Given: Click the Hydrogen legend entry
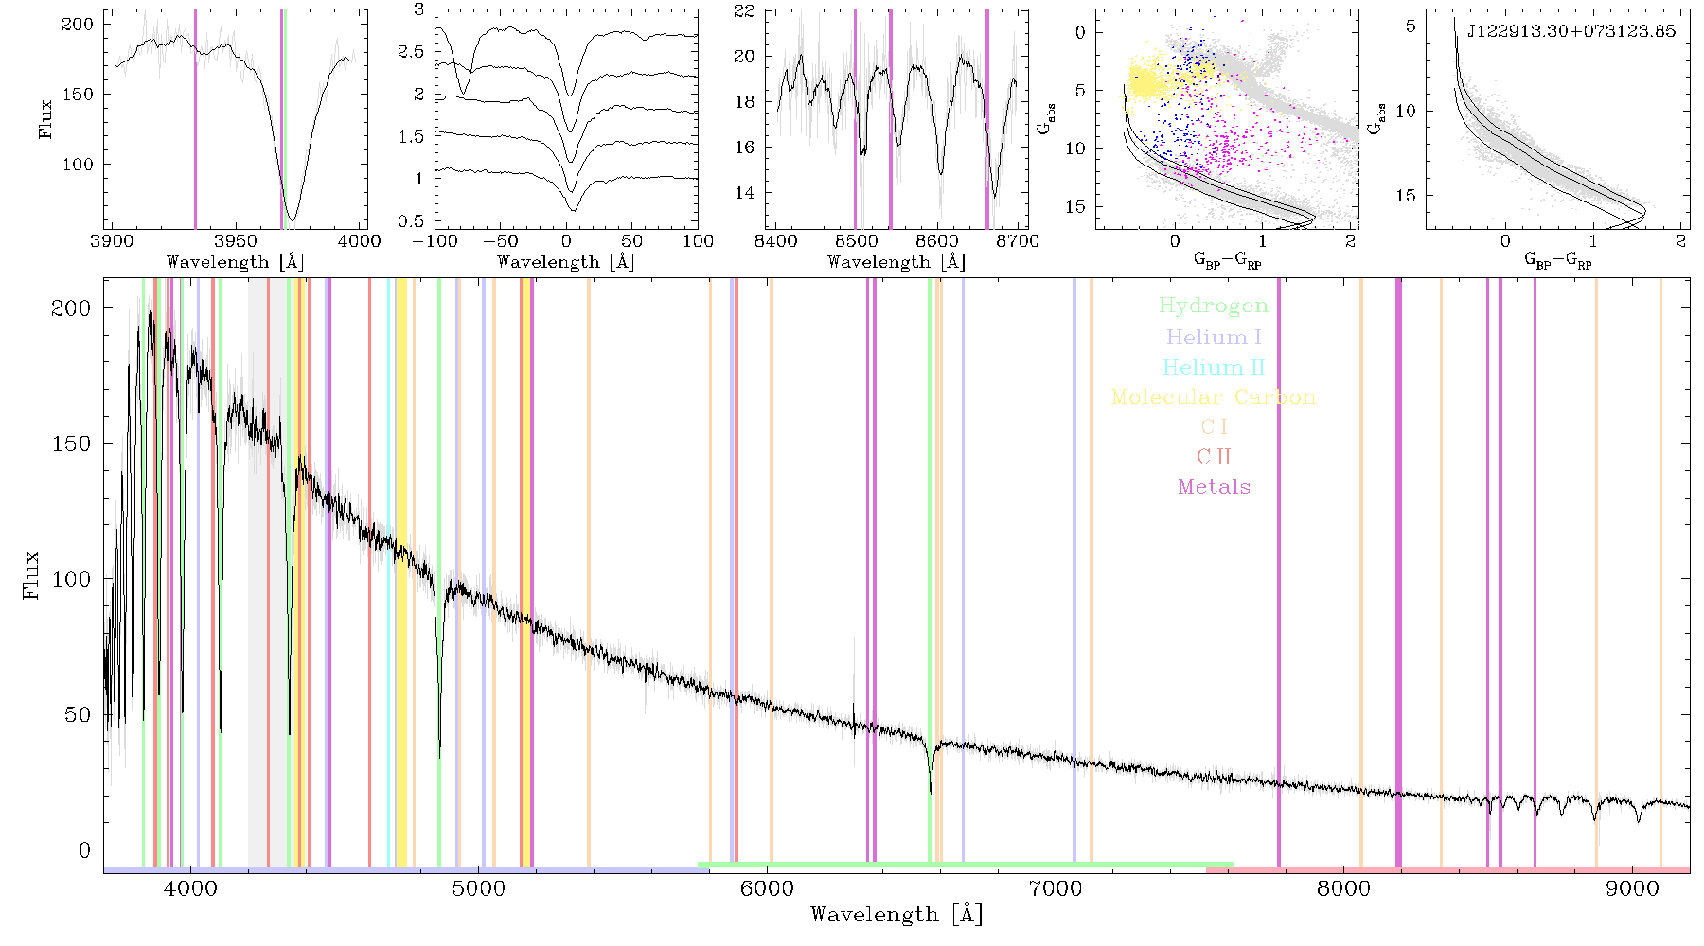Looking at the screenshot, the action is tap(1214, 307).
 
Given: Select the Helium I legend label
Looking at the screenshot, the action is tap(1214, 337).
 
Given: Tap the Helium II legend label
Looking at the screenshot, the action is tap(1214, 367).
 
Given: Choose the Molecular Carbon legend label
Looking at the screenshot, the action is tap(1214, 397).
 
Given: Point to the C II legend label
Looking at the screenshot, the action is tap(1214, 457).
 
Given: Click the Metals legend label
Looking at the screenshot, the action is tap(1214, 487).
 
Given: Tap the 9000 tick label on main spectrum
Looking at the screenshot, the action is tap(1632, 889).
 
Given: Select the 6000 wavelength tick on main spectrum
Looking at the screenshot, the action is tap(767, 889).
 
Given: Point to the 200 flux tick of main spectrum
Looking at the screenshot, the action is tap(71, 307).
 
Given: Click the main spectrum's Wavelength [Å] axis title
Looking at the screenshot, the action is tap(896, 915).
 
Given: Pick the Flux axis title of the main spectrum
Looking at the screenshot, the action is tap(31, 574).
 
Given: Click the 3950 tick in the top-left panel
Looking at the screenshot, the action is tap(236, 241).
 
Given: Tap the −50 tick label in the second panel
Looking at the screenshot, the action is tap(499, 241).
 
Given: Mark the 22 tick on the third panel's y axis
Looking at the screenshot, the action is tap(745, 11).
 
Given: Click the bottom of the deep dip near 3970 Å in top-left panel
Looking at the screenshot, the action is tap(293, 219).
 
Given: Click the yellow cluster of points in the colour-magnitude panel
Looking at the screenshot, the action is tap(1146, 81).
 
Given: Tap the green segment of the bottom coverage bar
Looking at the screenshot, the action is tap(966, 865).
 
